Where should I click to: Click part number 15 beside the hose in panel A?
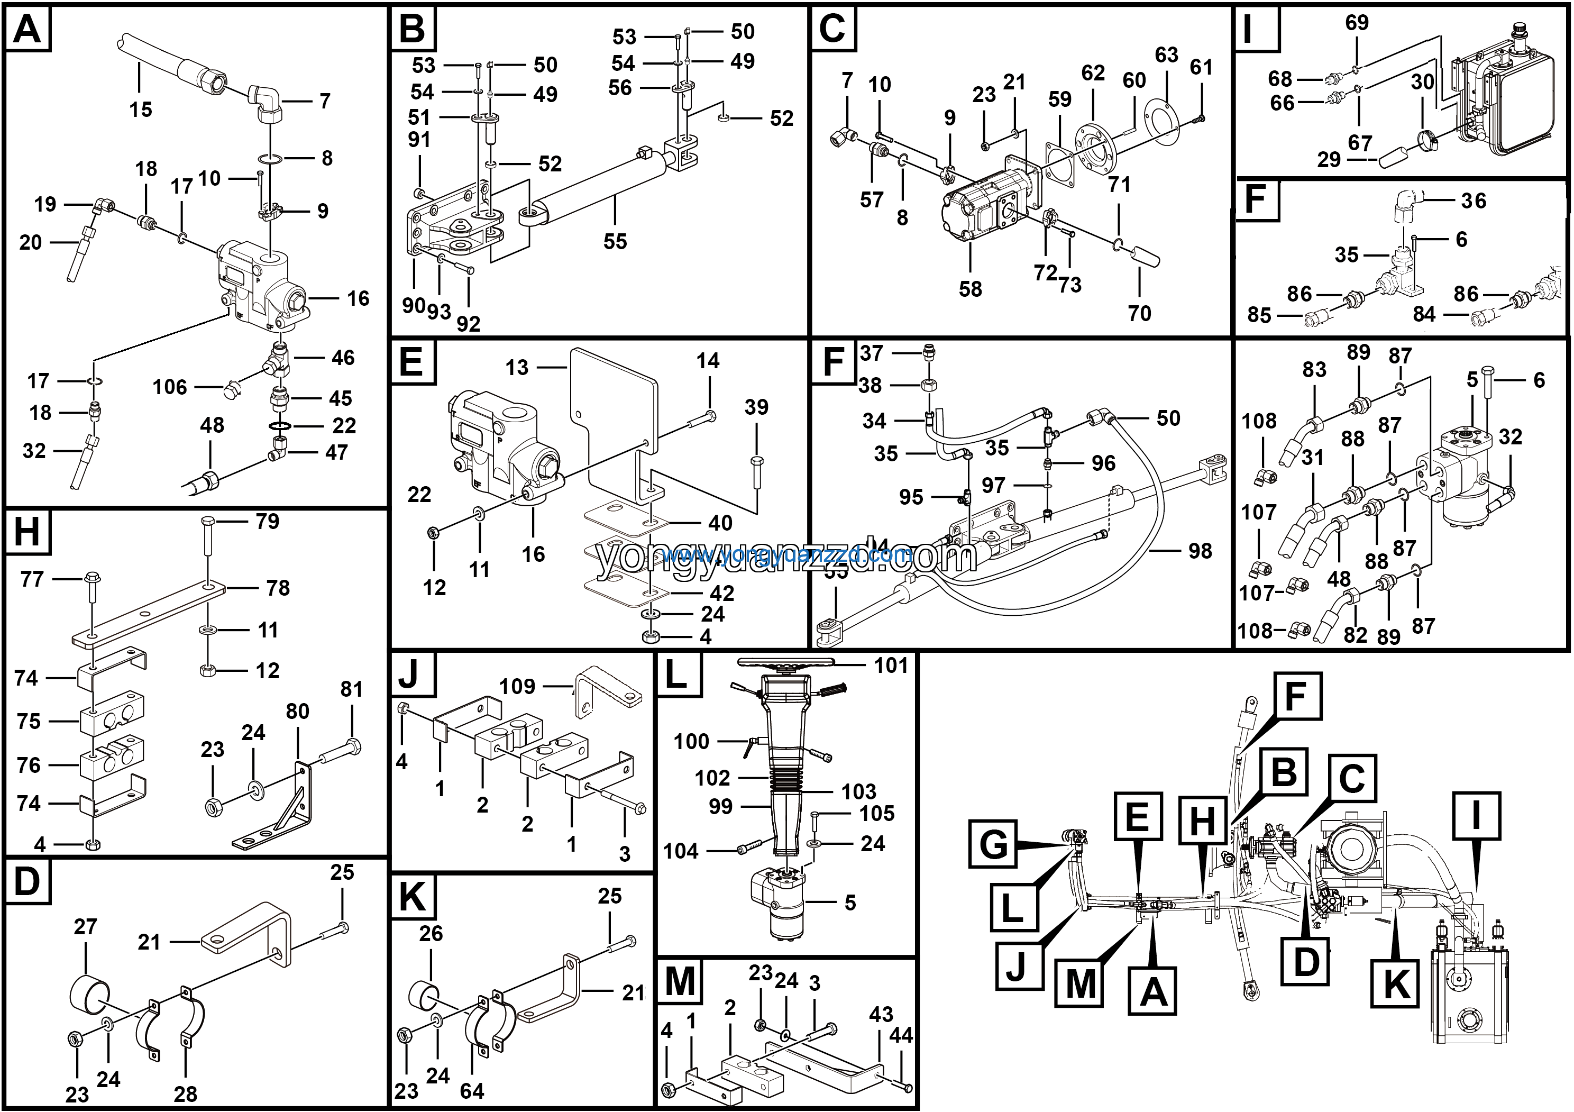point(141,109)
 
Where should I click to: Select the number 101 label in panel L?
point(891,665)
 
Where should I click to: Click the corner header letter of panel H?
point(28,531)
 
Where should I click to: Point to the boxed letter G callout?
point(993,844)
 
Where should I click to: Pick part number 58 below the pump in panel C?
point(970,289)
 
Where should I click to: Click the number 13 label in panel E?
point(517,368)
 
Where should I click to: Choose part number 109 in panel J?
point(517,686)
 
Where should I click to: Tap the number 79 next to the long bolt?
point(268,522)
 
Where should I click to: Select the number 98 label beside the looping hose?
point(1200,551)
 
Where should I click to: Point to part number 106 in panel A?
point(169,387)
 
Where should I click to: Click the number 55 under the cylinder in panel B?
point(615,241)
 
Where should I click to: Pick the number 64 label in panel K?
point(472,1091)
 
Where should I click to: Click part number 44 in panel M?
point(900,1035)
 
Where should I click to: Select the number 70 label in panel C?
point(1139,313)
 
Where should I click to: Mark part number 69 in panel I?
point(1357,23)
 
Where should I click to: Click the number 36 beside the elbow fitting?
point(1473,201)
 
